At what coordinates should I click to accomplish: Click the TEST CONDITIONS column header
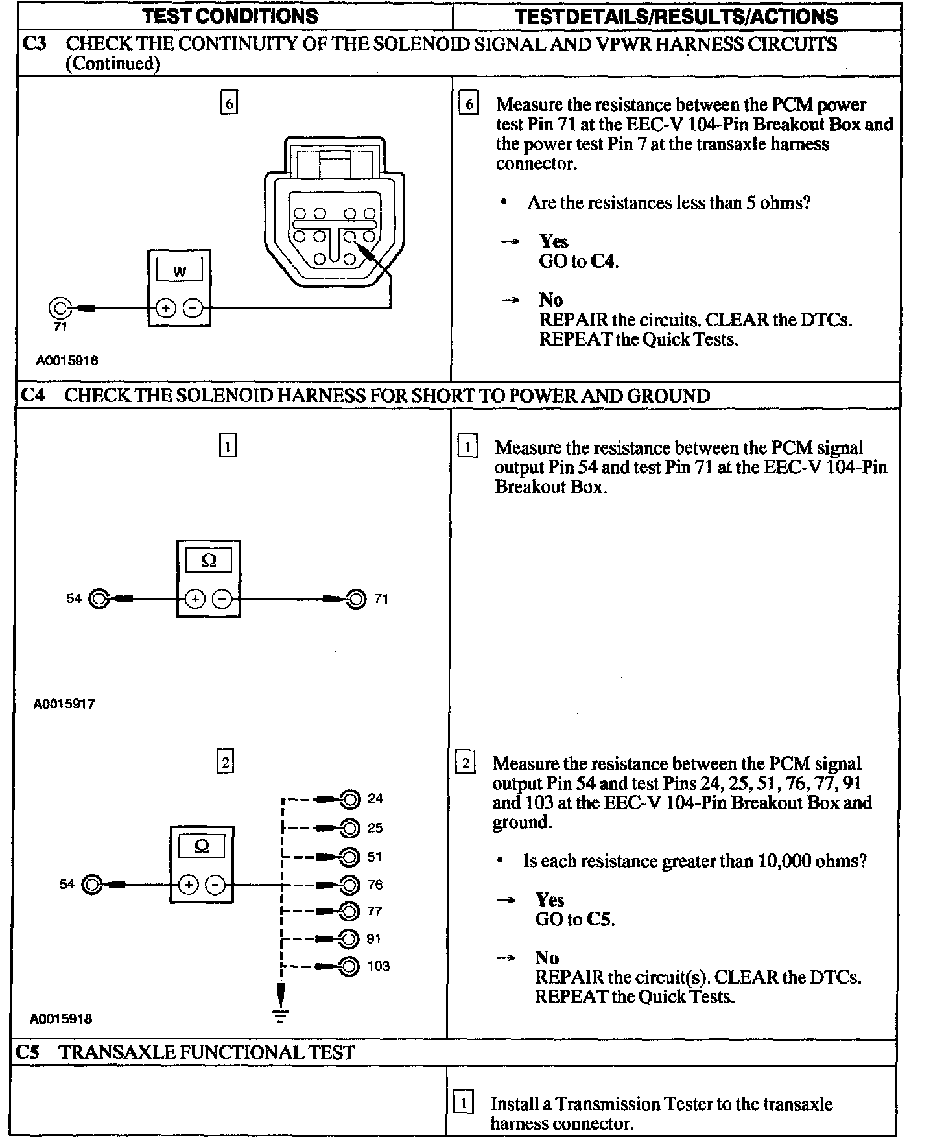tap(230, 16)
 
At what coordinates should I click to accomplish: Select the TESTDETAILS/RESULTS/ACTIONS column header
tap(676, 16)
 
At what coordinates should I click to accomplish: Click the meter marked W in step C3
tap(179, 287)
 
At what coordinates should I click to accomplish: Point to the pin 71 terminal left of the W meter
tap(59, 308)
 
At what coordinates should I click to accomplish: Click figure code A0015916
tap(67, 361)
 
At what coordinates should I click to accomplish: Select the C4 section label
tap(33, 396)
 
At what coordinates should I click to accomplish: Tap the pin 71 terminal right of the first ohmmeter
tap(356, 599)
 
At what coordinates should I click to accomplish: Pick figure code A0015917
tap(64, 704)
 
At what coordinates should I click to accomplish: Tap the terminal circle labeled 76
tap(349, 885)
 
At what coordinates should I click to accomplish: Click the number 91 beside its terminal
tap(374, 938)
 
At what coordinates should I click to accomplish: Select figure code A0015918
tap(61, 1019)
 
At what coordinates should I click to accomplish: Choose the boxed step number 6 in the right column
tap(469, 104)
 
